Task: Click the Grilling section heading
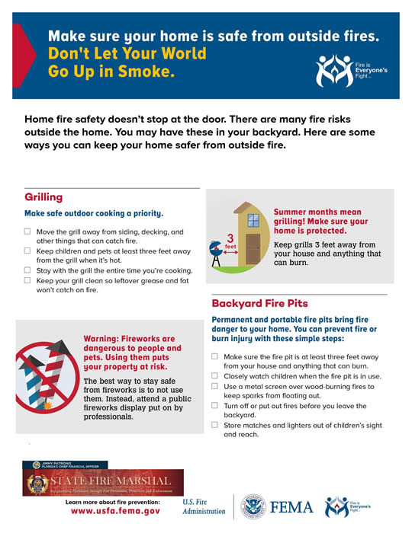pyautogui.click(x=43, y=197)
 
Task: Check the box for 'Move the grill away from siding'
pyautogui.click(x=28, y=231)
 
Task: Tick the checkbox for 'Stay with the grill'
pyautogui.click(x=28, y=270)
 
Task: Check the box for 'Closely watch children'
pyautogui.click(x=215, y=376)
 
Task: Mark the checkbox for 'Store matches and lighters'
pyautogui.click(x=215, y=425)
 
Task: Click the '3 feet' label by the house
pyautogui.click(x=229, y=240)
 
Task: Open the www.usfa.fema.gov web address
pyautogui.click(x=115, y=512)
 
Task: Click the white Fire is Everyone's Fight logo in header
pyautogui.click(x=343, y=70)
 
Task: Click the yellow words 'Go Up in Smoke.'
pyautogui.click(x=111, y=73)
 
